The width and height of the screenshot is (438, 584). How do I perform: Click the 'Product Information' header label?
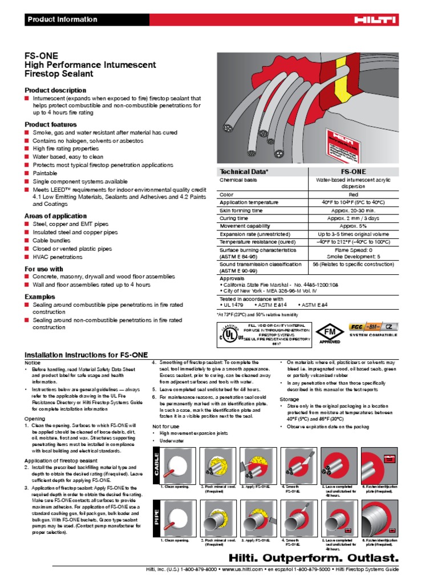coord(63,19)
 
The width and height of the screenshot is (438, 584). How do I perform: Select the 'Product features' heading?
coord(50,124)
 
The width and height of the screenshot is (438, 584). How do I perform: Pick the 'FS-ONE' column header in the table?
coord(354,171)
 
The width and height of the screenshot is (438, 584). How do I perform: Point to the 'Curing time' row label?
coord(234,218)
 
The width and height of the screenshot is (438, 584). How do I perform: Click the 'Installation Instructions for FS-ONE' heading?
coord(87,355)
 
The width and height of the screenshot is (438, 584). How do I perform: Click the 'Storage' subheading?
coord(289,399)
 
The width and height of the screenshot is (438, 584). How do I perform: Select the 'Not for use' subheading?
coord(165,426)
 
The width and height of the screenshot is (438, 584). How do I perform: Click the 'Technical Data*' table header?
coord(244,171)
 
